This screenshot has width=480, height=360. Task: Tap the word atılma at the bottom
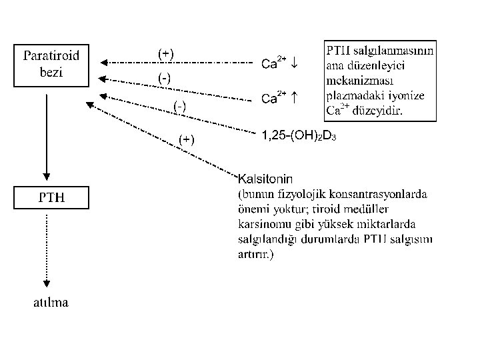coord(51,303)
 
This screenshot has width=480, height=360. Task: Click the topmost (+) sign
coord(165,53)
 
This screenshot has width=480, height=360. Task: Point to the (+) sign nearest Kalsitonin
coord(187,139)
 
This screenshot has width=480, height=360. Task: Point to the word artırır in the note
coord(253,254)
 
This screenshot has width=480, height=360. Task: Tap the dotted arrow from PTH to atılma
coord(45,250)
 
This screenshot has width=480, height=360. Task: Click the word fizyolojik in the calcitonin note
coord(299,194)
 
